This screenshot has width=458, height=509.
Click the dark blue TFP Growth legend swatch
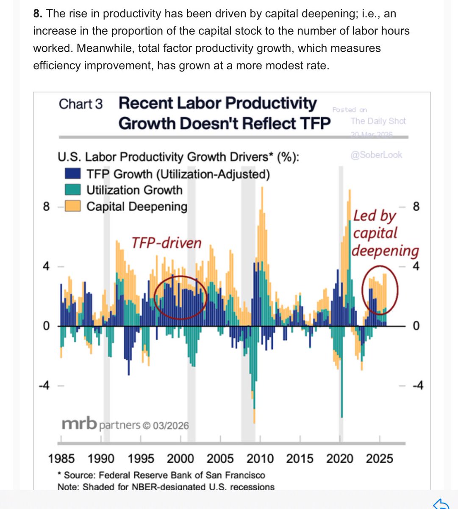[73, 174]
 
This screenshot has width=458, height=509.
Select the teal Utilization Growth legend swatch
[73, 190]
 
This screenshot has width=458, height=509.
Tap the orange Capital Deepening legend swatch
[73, 207]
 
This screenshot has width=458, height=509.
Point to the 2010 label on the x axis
[260, 459]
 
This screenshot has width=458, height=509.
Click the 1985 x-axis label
[61, 459]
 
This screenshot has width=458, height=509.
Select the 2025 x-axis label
[380, 459]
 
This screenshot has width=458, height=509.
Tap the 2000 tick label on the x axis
[180, 459]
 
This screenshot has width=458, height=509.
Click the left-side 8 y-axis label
[46, 207]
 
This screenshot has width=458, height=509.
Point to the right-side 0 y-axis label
[416, 326]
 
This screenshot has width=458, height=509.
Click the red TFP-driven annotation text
[166, 243]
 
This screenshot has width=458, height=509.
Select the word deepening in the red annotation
[385, 251]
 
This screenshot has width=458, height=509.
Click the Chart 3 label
[80, 104]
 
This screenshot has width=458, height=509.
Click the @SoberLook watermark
[376, 155]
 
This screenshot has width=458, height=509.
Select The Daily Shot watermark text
[378, 121]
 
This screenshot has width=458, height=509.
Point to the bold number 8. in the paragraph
[38, 14]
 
